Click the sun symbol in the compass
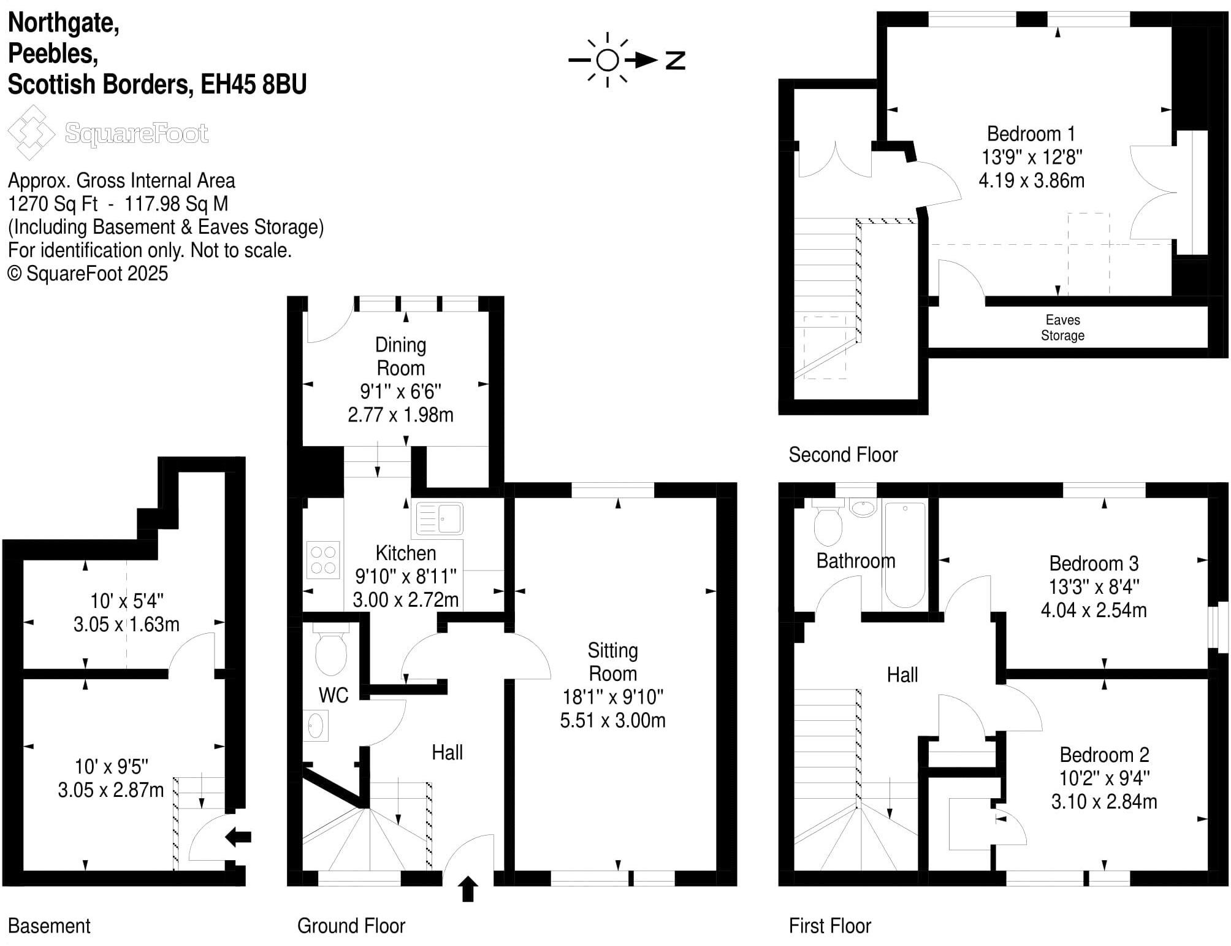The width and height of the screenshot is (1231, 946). [x=607, y=60]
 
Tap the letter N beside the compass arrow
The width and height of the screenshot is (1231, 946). [x=675, y=60]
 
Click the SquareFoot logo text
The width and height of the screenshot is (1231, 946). [x=136, y=133]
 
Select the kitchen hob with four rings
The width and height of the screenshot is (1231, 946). [x=323, y=560]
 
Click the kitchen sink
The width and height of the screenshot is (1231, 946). [x=440, y=519]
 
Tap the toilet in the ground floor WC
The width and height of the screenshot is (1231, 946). [x=330, y=652]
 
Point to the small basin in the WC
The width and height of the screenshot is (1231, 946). [x=315, y=726]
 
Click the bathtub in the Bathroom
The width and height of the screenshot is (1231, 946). [x=905, y=554]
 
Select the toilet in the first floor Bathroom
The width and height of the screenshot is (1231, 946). [x=828, y=526]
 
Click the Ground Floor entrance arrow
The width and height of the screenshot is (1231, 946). [x=468, y=889]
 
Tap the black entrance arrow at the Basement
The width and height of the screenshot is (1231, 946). [x=238, y=836]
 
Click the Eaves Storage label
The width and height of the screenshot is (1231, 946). [x=1062, y=328]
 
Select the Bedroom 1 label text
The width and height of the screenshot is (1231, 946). [x=1031, y=134]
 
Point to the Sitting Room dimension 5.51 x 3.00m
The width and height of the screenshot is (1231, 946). [x=612, y=720]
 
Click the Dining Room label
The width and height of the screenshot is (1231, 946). [x=400, y=356]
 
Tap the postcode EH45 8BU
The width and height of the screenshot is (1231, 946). [x=253, y=84]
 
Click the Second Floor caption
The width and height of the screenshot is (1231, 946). [x=842, y=455]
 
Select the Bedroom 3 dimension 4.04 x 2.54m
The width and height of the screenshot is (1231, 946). [x=1093, y=610]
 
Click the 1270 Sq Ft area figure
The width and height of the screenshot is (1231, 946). [x=53, y=204]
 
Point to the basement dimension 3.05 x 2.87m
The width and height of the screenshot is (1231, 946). [x=111, y=790]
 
